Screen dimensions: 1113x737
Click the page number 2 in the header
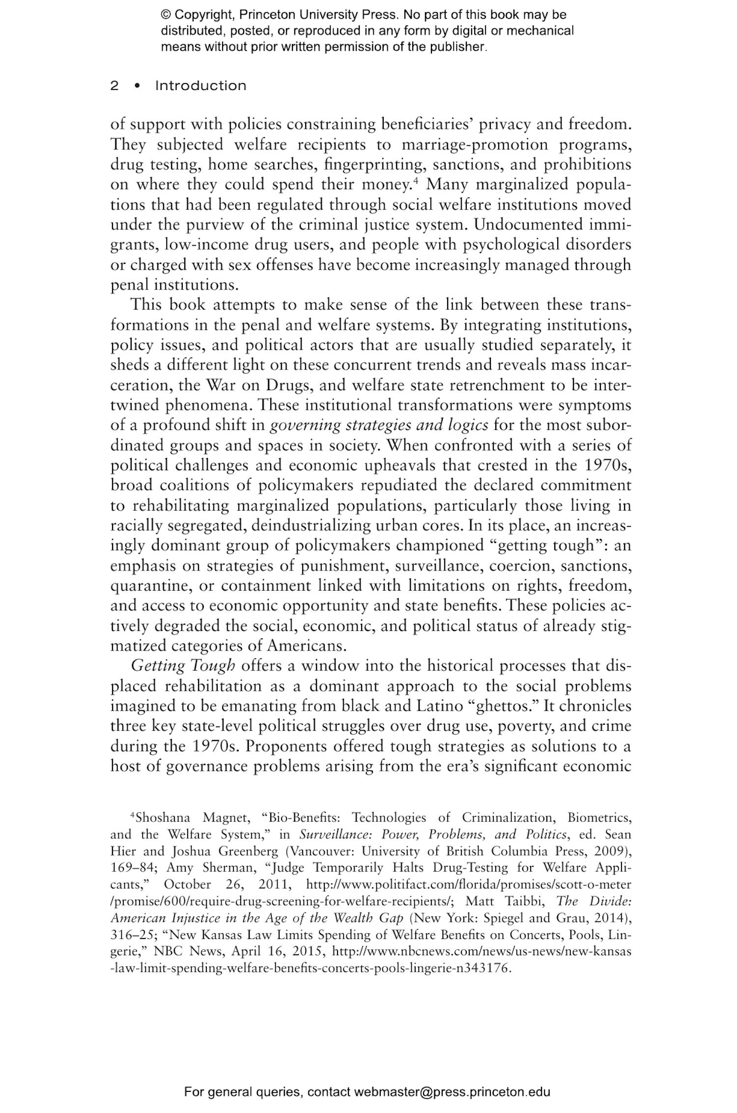(x=114, y=86)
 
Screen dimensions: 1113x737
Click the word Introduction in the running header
(x=200, y=86)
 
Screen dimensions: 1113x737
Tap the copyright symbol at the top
(x=165, y=15)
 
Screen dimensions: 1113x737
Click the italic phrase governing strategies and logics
(x=379, y=425)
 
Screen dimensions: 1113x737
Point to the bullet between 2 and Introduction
(x=137, y=86)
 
